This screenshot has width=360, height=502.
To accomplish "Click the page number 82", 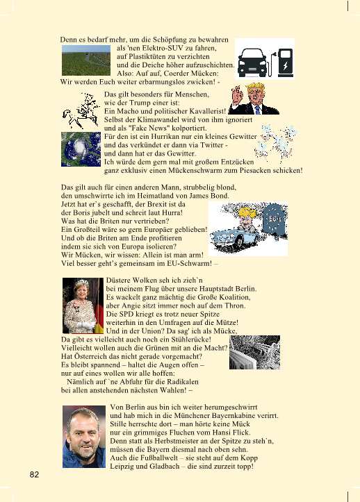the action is pyautogui.click(x=33, y=475).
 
